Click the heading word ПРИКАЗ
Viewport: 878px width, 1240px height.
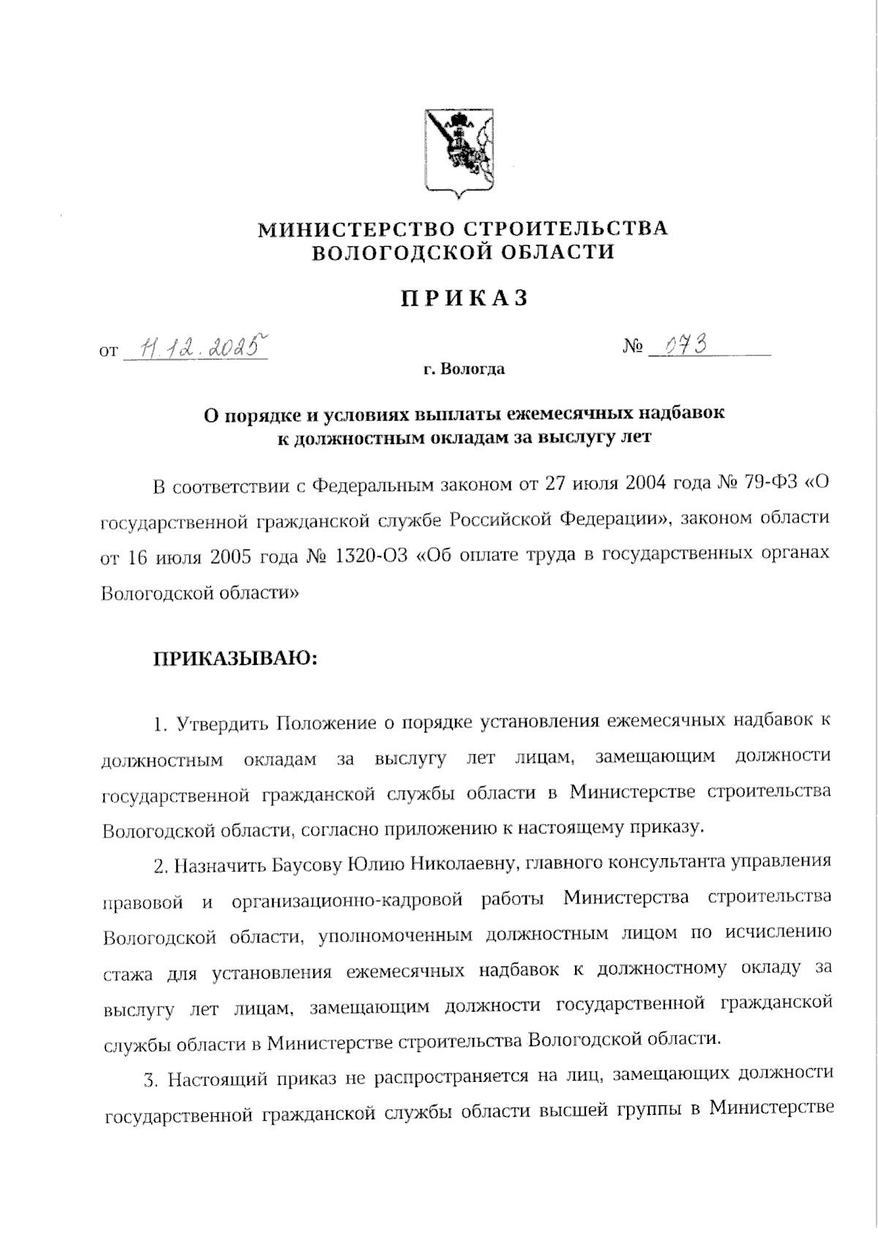coord(463,299)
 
